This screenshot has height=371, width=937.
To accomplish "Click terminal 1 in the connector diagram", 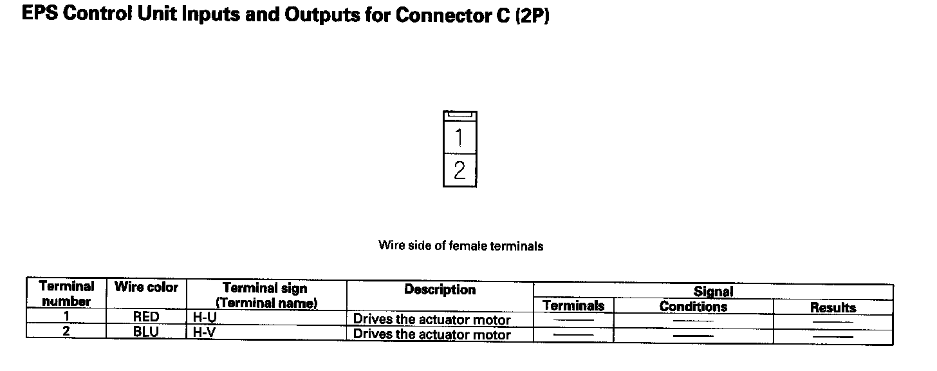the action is pos(459,137).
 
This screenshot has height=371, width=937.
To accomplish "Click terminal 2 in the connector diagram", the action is pos(459,171).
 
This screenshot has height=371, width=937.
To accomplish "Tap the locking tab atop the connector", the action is pos(460,115).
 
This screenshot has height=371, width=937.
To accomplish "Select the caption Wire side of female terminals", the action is pos(461,245).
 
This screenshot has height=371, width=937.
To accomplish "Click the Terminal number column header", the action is pos(66,294).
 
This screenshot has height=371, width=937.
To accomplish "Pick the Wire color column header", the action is pos(146,287).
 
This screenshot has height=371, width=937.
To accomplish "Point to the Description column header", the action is pos(440,290).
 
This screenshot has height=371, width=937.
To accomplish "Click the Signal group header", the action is pos(713,292).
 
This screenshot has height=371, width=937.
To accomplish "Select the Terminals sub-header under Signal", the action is pos(573,306).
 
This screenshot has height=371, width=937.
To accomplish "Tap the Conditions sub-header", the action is pos(693,307).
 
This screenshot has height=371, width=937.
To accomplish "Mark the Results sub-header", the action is pos(833,308).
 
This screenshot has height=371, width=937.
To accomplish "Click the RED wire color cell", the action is pos(146,317).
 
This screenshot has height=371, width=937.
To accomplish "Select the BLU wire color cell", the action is pos(146,332).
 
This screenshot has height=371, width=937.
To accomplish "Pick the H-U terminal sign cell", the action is pos(204,317).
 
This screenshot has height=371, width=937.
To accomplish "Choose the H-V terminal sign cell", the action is pos(204,332).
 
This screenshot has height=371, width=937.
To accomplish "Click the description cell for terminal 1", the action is pos(432,319).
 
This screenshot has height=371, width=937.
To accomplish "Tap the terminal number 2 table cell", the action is pos(66,332).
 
